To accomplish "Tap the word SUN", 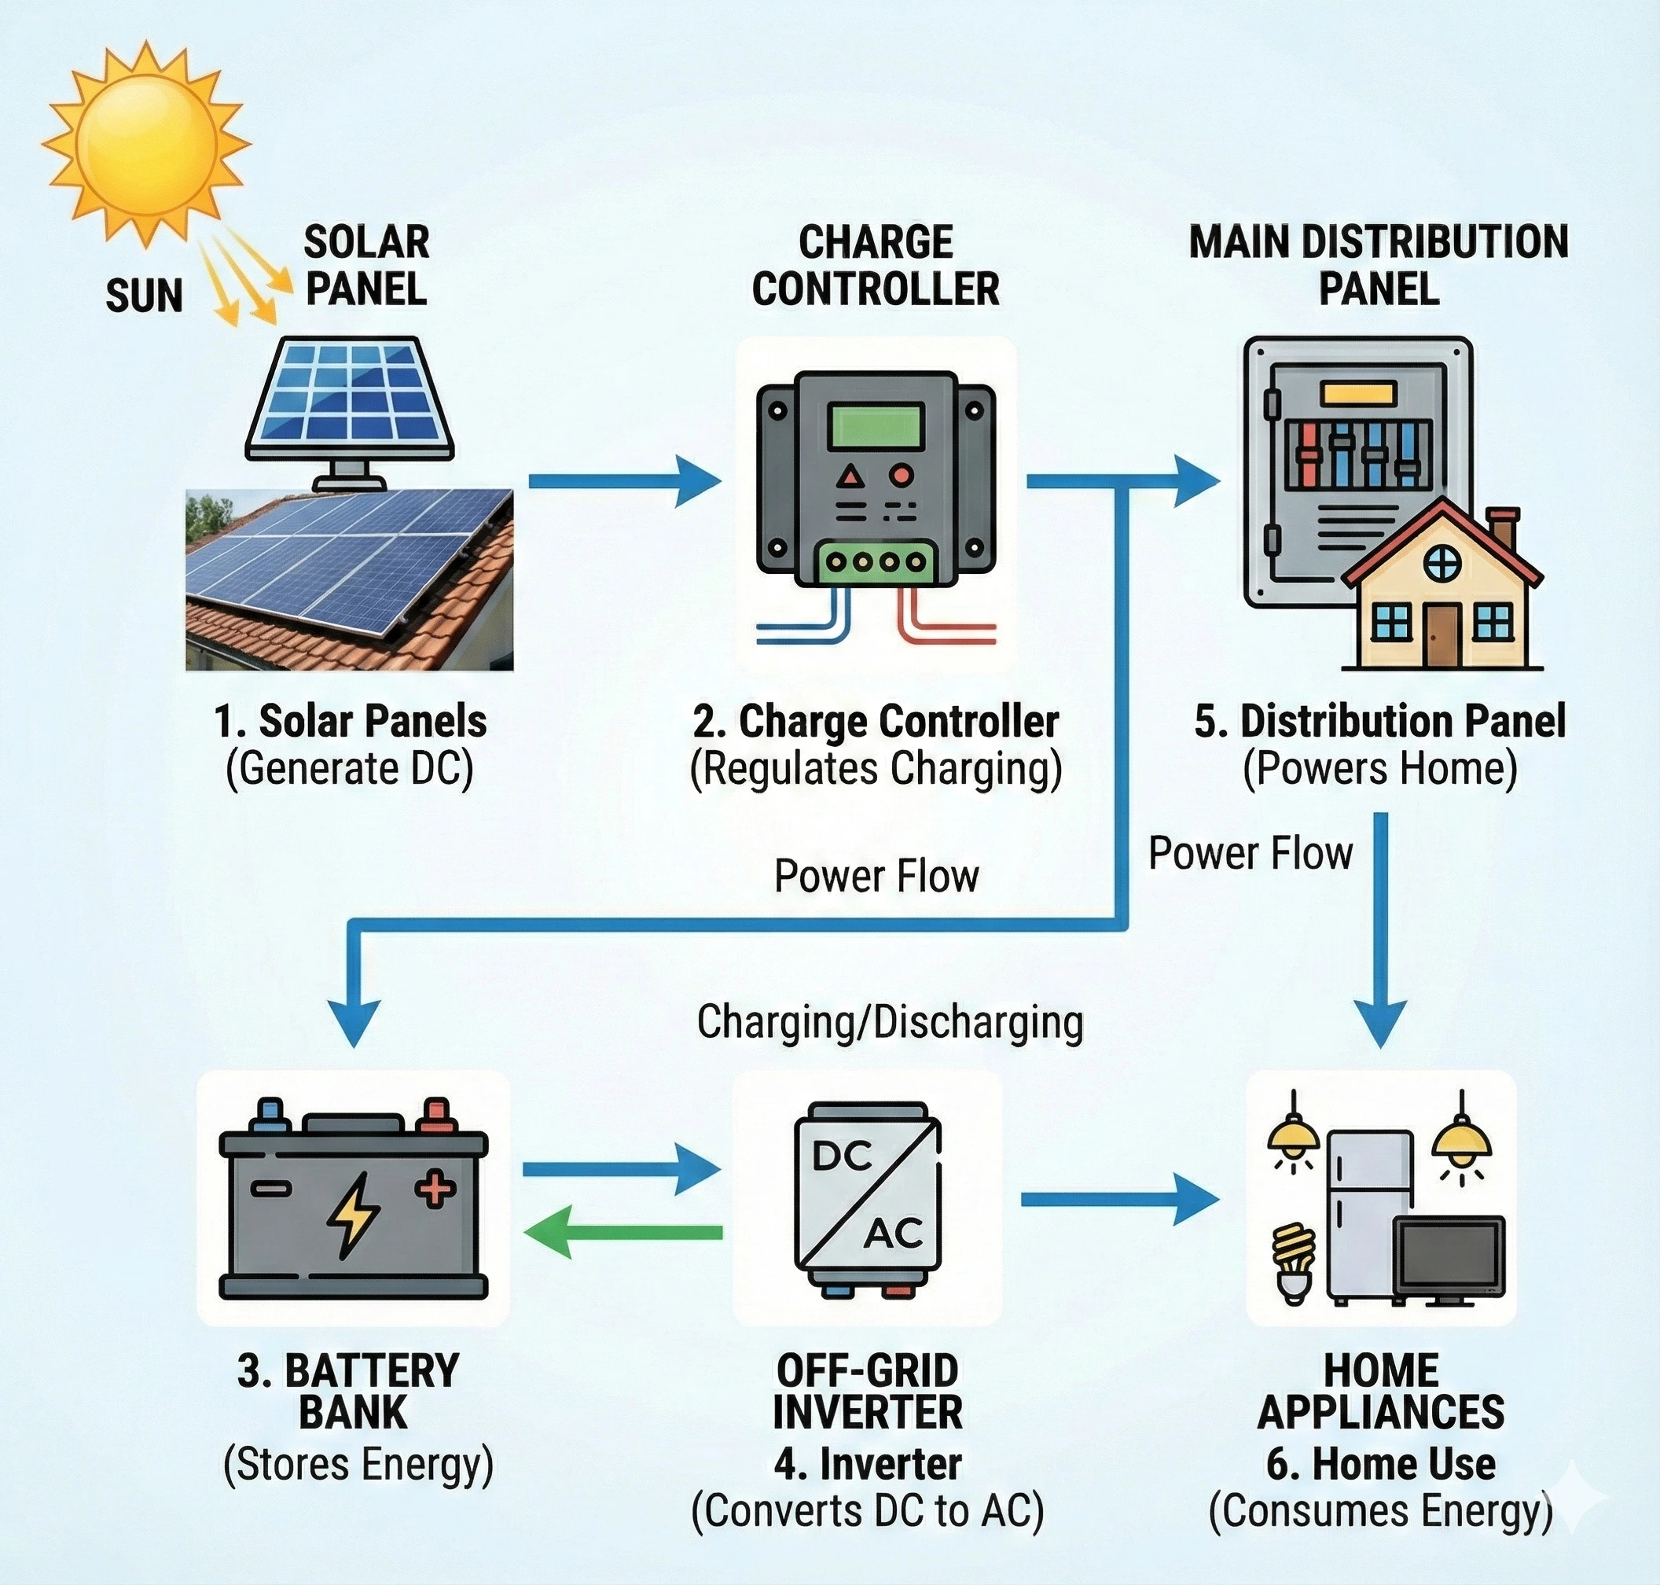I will pos(144,296).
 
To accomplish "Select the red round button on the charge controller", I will pos(902,475).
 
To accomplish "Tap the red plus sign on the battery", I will pos(435,1189).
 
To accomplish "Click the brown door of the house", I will pos(1442,635).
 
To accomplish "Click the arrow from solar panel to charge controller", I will pos(625,480).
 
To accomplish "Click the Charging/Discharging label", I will pos(890,1021).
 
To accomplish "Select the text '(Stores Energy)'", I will pos(358,1465).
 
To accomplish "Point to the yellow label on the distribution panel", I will pos(1357,393).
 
